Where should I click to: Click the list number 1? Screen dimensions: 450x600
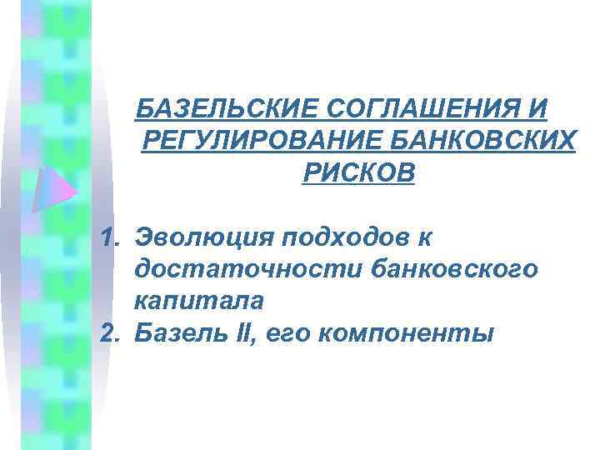(x=112, y=239)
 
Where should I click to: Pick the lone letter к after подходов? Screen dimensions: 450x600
(x=424, y=239)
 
